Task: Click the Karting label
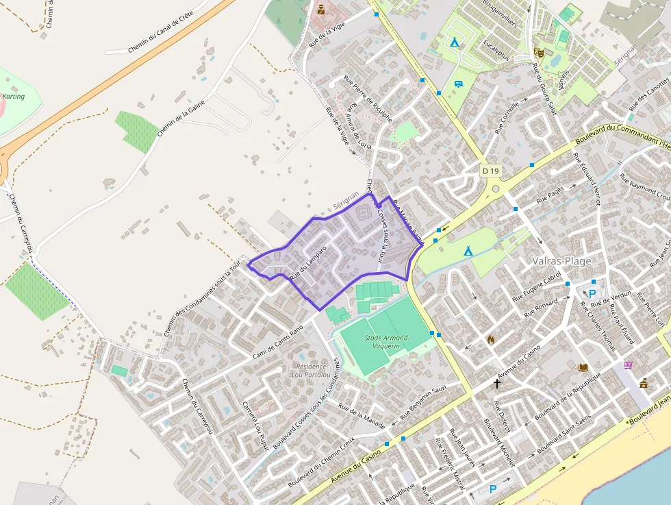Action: pyautogui.click(x=14, y=97)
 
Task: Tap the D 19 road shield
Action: pyautogui.click(x=490, y=171)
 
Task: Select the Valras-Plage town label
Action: pyautogui.click(x=561, y=260)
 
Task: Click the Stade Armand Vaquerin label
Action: pyautogui.click(x=386, y=342)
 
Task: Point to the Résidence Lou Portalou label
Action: pyautogui.click(x=311, y=371)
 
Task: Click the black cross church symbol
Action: pyautogui.click(x=497, y=384)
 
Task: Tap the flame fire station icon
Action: pyautogui.click(x=491, y=338)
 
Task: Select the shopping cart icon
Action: pyautogui.click(x=629, y=365)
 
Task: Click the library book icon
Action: pyautogui.click(x=583, y=368)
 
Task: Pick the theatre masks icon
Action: pyautogui.click(x=539, y=51)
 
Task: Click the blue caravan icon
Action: pyautogui.click(x=457, y=84)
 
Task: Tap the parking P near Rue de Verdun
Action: pyautogui.click(x=592, y=294)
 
